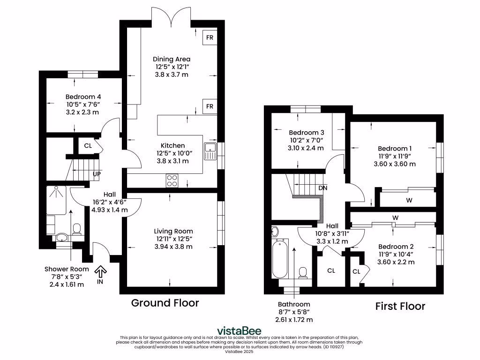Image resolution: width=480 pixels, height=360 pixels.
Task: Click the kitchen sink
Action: coord(211,151)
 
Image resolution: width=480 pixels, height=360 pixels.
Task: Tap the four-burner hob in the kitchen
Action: coord(172,180)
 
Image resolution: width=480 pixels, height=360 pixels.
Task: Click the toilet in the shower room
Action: coord(77,228)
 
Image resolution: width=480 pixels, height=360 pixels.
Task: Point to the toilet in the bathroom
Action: coord(303,272)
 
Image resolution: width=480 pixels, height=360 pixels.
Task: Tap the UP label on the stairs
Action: coord(97,174)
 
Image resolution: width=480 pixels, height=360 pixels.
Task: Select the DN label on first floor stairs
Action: coord(322,187)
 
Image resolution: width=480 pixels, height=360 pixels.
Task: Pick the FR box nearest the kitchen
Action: coord(209,106)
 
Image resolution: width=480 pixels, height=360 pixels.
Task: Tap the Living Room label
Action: coord(173,231)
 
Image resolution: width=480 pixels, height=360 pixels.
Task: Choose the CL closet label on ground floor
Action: coord(88,145)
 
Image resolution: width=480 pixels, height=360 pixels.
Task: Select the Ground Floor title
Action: coord(165,303)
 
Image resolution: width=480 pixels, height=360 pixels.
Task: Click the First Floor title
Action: coord(400,307)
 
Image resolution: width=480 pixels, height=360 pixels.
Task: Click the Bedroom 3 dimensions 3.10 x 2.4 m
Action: coord(306,148)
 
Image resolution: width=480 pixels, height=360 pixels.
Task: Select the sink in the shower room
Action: coord(61,237)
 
